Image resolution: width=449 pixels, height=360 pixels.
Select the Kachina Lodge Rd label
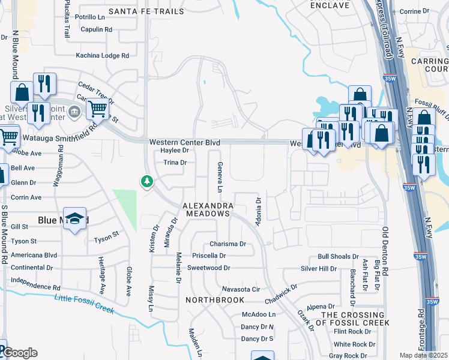[103, 55]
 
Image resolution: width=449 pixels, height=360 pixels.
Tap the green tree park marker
[146, 181]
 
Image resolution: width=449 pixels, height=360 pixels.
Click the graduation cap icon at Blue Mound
[76, 219]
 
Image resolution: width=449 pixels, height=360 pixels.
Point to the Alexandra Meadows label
[208, 209]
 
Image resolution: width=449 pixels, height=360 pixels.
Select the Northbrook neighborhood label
[214, 299]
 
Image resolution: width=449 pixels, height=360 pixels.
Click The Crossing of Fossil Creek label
[355, 319]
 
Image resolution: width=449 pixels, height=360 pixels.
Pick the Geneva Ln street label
[220, 177]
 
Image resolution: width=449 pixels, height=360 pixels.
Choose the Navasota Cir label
[240, 289]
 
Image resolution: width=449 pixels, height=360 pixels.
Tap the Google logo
[19, 353]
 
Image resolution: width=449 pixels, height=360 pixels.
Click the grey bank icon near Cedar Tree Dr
[74, 110]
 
